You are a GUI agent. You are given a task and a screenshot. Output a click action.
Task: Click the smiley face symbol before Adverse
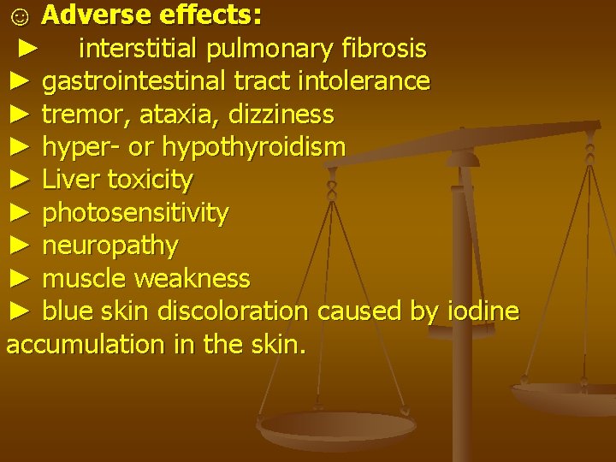(x=17, y=15)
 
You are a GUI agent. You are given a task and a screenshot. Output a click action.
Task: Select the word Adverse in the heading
(x=90, y=15)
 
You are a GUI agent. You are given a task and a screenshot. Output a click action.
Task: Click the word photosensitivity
(x=135, y=213)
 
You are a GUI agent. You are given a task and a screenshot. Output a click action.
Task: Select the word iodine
(x=483, y=311)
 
